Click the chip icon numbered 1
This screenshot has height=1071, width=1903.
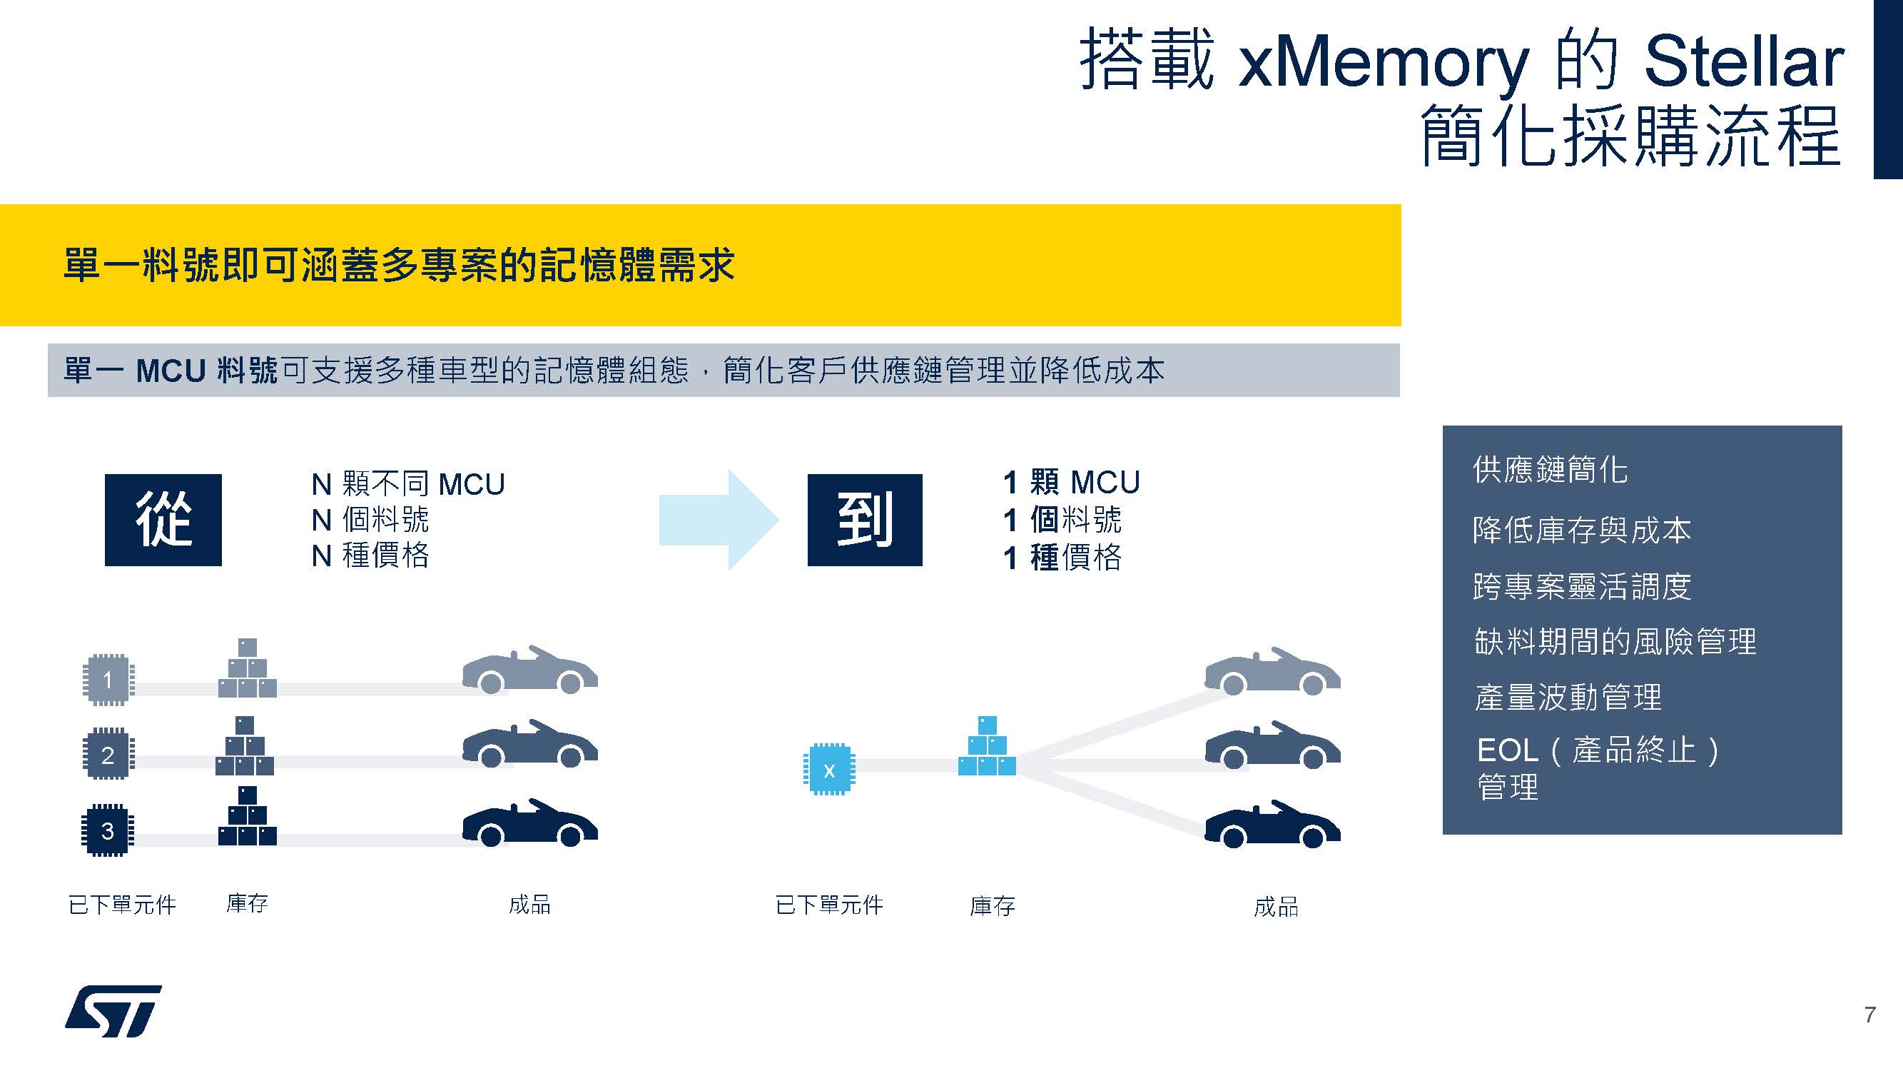click(x=108, y=679)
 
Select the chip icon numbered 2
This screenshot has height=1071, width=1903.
click(x=108, y=755)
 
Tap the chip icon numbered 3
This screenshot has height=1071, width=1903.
click(x=108, y=830)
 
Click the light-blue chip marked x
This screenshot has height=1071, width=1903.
click(x=829, y=770)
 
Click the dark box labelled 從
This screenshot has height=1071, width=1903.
click(x=163, y=520)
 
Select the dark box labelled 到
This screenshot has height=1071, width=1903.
click(x=864, y=520)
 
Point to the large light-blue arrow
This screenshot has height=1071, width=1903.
click(x=718, y=520)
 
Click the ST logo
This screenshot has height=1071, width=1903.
click(x=113, y=1010)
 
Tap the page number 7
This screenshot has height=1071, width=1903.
click(x=1869, y=1015)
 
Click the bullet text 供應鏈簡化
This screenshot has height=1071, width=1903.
click(x=1550, y=470)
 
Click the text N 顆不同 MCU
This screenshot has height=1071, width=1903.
click(x=408, y=484)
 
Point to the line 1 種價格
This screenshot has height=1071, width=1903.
click(x=1062, y=558)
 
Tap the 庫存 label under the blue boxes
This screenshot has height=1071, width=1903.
click(x=992, y=905)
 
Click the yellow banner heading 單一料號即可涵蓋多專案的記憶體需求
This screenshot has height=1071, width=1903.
click(x=399, y=265)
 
